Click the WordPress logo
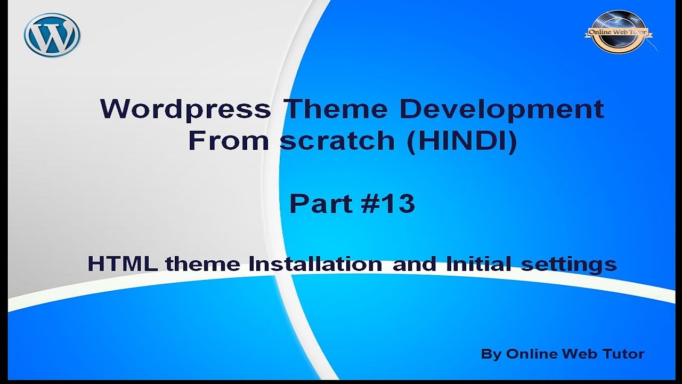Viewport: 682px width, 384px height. pos(52,35)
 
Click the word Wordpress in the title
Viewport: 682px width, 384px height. pos(185,109)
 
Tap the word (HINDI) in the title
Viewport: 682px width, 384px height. pos(462,141)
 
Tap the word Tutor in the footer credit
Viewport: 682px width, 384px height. pos(624,354)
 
